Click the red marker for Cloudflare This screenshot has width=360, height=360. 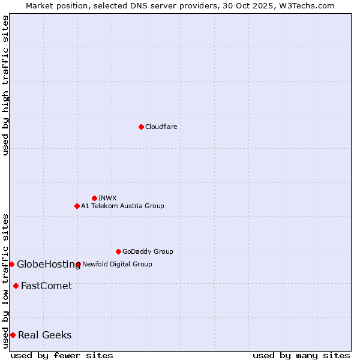point(141,127)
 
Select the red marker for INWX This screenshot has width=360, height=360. point(94,198)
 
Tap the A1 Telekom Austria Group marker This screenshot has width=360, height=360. point(77,206)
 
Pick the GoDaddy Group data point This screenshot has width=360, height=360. point(118,251)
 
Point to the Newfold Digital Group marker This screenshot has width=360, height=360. point(79,264)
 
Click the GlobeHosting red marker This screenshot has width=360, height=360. point(11,264)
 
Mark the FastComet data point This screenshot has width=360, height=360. point(16,286)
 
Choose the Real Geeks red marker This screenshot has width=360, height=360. point(13,335)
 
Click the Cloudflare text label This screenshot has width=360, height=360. point(161,127)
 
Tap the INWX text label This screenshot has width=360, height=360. point(108,198)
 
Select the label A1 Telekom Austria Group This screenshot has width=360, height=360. point(122,206)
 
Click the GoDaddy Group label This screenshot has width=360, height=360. point(148,251)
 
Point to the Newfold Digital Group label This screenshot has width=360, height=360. point(117,264)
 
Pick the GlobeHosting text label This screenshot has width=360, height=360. point(49,264)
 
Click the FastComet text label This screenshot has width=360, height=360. point(46,286)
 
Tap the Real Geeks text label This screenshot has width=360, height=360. point(45,335)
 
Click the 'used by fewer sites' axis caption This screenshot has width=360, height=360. point(62,355)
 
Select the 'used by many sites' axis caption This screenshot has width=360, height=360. point(301,355)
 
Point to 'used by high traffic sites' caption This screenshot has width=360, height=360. point(5,85)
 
